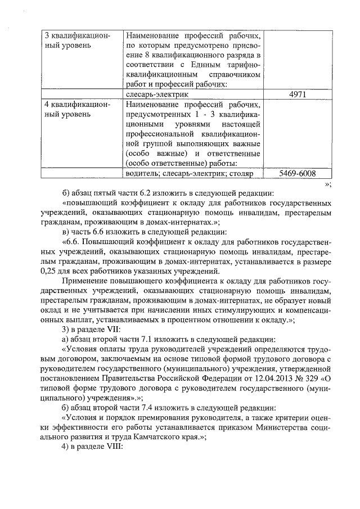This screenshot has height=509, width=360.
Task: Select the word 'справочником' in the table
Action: (x=234, y=74)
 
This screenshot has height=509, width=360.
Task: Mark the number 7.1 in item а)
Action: (x=141, y=339)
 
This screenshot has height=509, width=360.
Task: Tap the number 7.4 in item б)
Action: (x=141, y=407)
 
